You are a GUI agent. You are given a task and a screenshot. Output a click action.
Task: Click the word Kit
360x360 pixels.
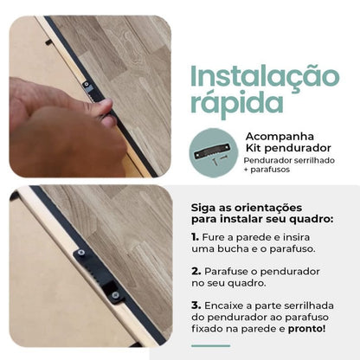[x=254, y=148]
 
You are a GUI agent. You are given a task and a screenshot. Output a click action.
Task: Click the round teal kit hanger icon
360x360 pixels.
[x=214, y=153]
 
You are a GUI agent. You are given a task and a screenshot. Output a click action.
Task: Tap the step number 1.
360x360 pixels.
[x=195, y=237]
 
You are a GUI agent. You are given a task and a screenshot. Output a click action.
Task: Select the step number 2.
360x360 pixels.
[x=196, y=271]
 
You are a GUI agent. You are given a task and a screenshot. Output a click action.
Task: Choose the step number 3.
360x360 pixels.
[x=196, y=305]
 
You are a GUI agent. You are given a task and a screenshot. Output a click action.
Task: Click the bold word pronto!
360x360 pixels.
[x=306, y=329]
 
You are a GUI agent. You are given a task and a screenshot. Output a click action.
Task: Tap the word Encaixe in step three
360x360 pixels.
[x=224, y=305]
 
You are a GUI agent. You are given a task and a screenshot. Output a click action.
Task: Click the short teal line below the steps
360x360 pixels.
[x=211, y=345]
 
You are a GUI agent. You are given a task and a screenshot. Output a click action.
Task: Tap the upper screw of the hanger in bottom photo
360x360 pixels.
[x=80, y=253]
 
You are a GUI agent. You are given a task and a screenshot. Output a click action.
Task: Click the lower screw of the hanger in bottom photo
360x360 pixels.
[x=116, y=295]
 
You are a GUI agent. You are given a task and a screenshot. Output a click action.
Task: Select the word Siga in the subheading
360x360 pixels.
[x=202, y=208]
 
